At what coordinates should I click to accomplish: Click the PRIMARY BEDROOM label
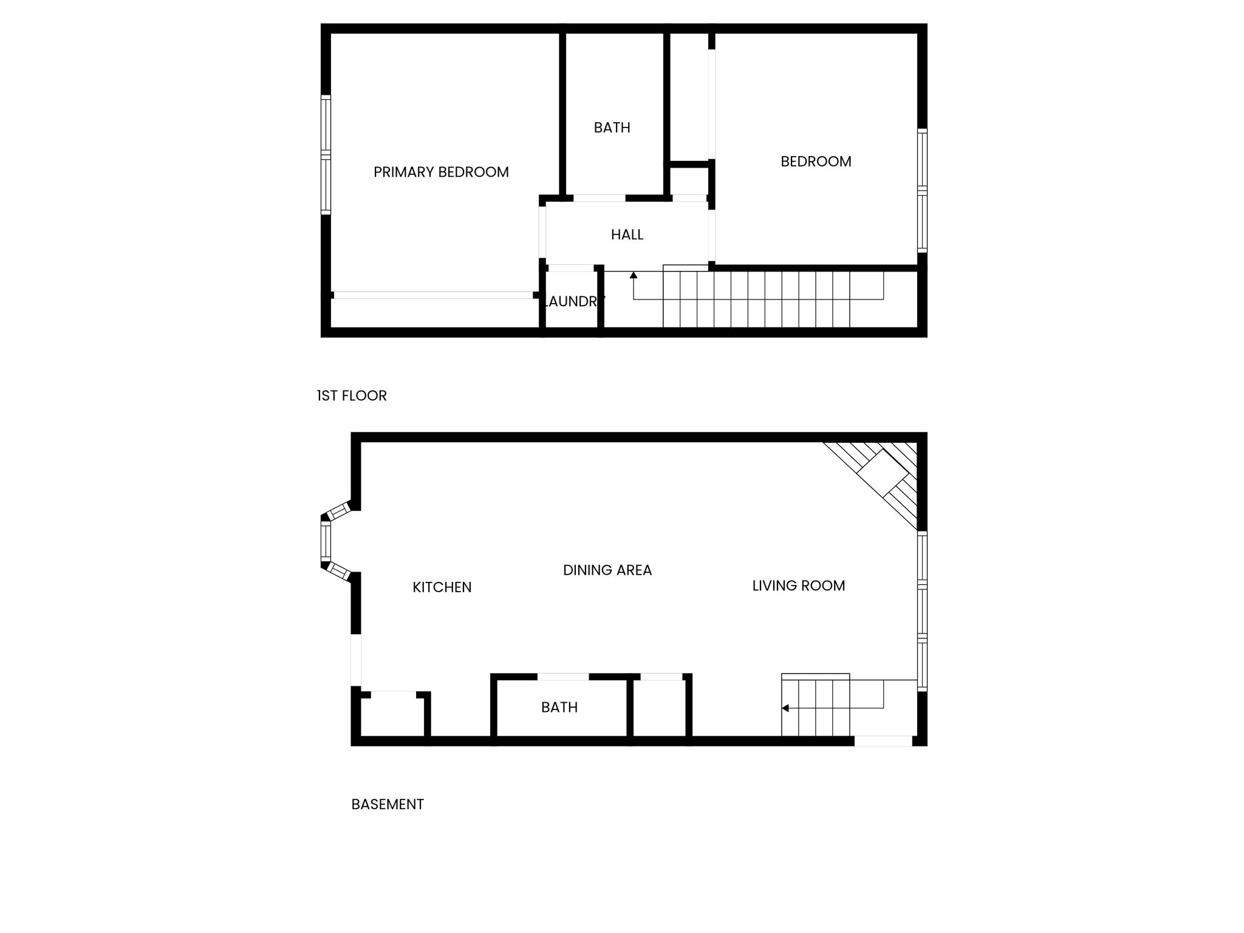point(441,173)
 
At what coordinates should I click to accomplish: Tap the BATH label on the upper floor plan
point(612,128)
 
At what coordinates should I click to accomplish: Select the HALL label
point(627,234)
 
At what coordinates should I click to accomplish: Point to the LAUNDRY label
point(573,301)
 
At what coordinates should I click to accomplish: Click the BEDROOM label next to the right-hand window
point(816,162)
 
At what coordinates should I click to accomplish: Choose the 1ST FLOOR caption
point(352,396)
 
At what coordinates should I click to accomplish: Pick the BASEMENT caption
point(388,804)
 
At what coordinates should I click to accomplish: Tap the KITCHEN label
point(442,587)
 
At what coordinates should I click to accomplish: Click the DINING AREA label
point(607,570)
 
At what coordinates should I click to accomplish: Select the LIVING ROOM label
point(799,586)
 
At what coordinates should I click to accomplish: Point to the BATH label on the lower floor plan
point(559,707)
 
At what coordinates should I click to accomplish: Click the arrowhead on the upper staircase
point(634,275)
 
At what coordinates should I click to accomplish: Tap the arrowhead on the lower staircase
point(785,708)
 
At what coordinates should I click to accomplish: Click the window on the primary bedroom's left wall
point(326,155)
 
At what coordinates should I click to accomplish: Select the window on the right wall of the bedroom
point(922,191)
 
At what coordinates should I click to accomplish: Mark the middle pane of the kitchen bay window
point(326,541)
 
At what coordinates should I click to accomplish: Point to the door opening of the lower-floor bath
point(563,677)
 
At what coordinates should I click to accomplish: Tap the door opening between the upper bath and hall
point(600,198)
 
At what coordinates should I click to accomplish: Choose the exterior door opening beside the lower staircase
point(883,741)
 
